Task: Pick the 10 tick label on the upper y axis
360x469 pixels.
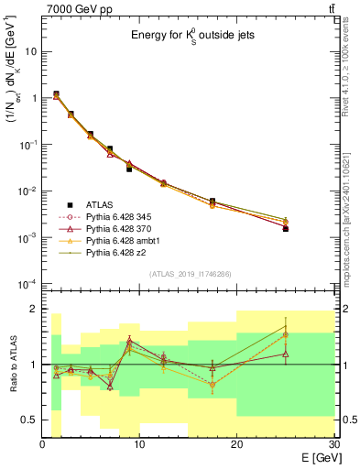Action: coord(30,51)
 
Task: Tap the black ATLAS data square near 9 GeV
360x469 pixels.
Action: coord(129,169)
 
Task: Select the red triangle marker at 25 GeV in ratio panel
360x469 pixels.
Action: coord(286,354)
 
